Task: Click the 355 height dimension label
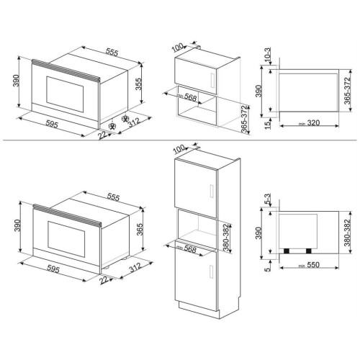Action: coord(138,84)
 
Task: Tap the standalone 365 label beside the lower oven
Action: coord(139,229)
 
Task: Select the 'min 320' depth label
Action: coord(310,123)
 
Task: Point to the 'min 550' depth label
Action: coord(310,265)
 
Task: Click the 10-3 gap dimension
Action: coord(267,55)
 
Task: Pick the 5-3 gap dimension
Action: coord(267,199)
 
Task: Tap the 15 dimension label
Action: coord(267,125)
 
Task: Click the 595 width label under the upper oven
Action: coord(52,124)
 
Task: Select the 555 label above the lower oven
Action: coord(113,197)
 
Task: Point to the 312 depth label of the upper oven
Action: coord(134,122)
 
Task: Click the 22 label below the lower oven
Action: coord(104,280)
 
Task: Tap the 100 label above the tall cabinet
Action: coord(179,149)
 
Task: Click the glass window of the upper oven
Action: coord(65,94)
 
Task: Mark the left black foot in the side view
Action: coord(287,251)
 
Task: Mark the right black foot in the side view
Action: coord(309,251)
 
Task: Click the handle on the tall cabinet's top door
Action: coord(212,192)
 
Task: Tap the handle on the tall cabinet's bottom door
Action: coord(212,271)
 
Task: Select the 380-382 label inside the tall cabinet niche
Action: coord(227,238)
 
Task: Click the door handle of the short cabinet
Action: coord(212,81)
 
